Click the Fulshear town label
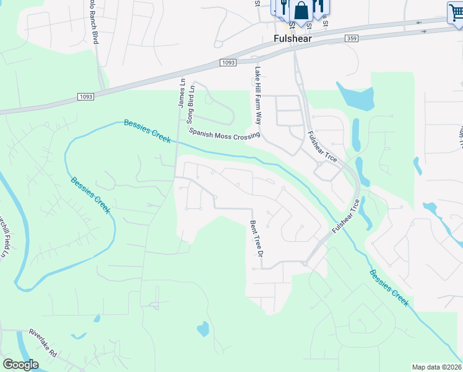coord(292,38)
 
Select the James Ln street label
coord(181,92)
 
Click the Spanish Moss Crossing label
coord(224,133)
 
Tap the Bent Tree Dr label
coord(257,239)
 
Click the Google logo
coord(21,365)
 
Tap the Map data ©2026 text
coord(437,367)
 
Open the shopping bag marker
coord(301,11)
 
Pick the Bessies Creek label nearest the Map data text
coord(389,288)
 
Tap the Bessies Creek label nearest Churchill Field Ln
coord(90,195)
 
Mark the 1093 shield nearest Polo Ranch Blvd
coord(87,96)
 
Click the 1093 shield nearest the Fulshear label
coord(228,63)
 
